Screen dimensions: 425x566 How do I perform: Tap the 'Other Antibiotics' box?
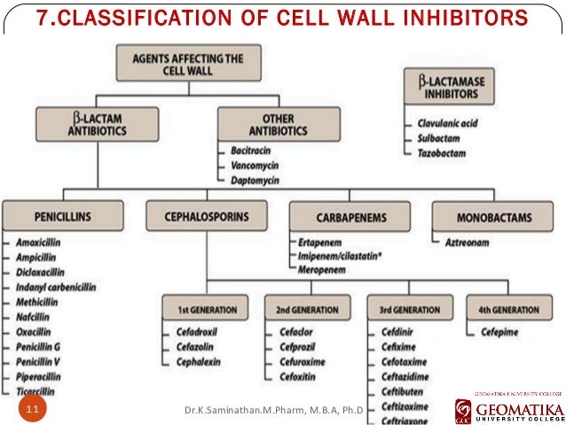point(278,124)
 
